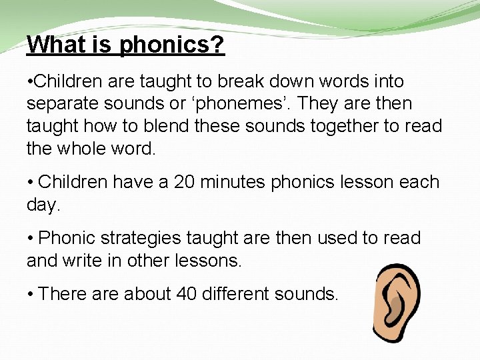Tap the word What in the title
point(53,45)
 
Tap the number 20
point(185,182)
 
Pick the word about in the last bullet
point(141,293)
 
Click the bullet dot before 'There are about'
point(30,294)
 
